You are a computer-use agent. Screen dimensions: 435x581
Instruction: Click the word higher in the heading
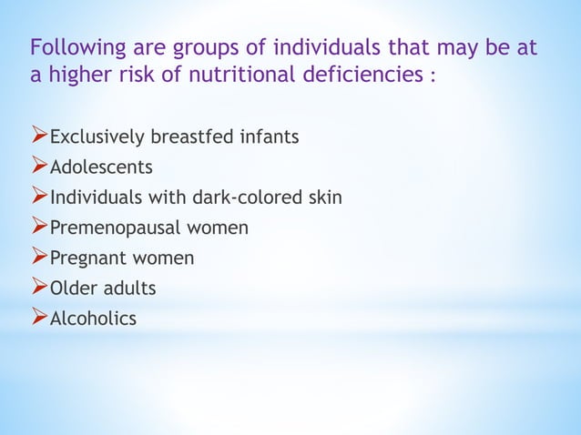pos(81,75)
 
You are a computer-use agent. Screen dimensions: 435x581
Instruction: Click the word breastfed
pos(189,137)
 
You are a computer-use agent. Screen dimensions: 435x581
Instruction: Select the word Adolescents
pos(101,167)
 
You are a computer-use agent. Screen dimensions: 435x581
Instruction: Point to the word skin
pos(325,197)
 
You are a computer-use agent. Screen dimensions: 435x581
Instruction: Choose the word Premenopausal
pos(109,228)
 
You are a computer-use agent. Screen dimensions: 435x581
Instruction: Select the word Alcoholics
pos(93,318)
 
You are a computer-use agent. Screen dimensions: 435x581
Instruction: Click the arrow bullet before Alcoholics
pos(39,318)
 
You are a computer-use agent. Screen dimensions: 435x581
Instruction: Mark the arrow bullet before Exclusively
pos(39,137)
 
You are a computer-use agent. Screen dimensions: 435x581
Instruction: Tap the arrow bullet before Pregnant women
pos(39,258)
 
